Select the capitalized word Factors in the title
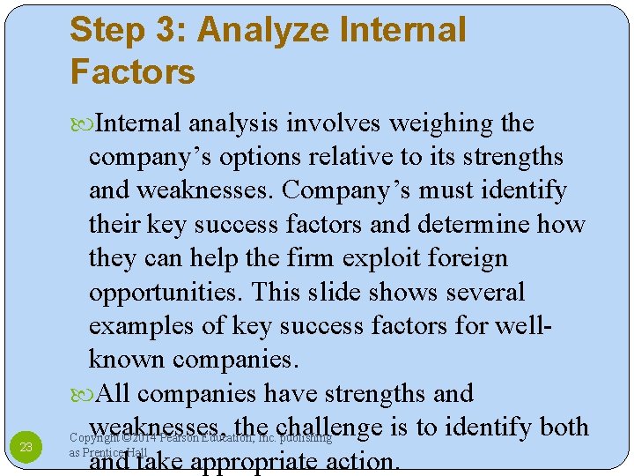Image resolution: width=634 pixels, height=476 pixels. click(132, 71)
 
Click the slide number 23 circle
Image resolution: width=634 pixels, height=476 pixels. click(26, 447)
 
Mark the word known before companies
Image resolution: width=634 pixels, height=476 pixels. click(127, 359)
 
